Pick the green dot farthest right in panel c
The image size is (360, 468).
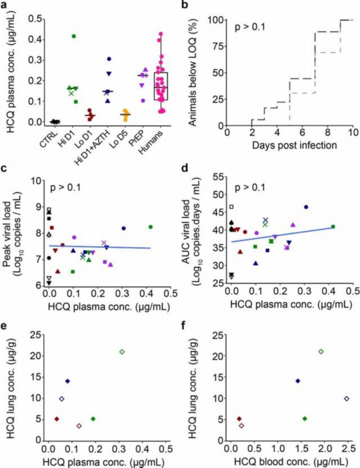151,226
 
